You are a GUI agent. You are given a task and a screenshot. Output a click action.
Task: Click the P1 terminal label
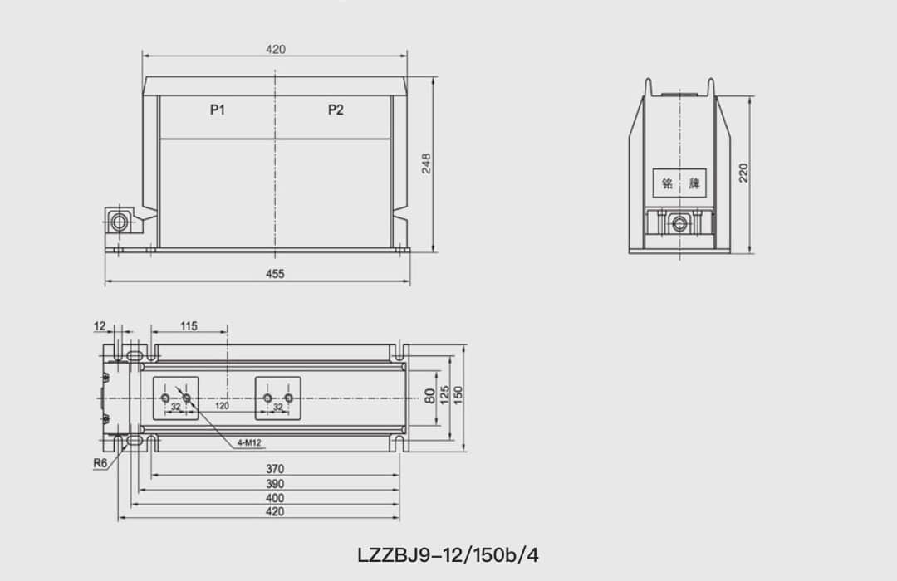[218, 110]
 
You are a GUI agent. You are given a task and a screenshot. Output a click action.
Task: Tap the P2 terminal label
[335, 110]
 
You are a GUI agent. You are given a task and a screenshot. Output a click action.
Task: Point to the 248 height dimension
[426, 163]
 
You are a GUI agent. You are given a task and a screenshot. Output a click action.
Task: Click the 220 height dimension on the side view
[744, 172]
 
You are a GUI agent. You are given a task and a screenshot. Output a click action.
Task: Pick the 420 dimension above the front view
[276, 50]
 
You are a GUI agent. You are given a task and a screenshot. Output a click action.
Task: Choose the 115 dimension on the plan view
[189, 326]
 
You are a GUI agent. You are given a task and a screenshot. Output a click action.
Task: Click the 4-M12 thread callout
[249, 443]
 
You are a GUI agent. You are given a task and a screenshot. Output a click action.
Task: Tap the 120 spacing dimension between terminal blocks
[223, 407]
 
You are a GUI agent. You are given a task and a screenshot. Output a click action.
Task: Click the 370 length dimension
[274, 470]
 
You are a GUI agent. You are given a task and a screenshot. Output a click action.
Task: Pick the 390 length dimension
[274, 484]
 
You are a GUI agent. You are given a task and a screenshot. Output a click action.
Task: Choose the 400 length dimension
[274, 498]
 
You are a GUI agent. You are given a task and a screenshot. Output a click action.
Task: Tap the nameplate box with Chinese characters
[679, 183]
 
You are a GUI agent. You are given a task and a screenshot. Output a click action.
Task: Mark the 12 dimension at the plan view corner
[100, 326]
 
